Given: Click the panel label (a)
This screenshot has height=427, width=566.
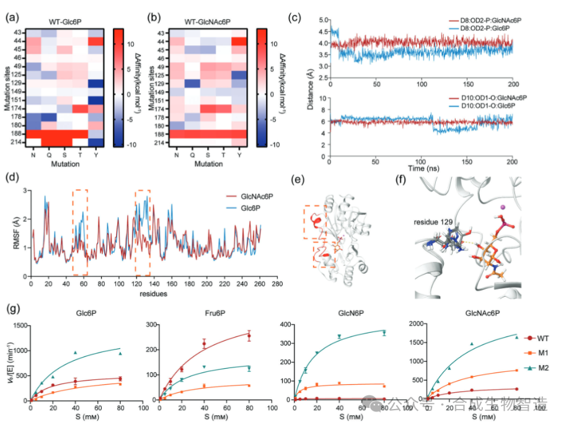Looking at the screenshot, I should [11, 17].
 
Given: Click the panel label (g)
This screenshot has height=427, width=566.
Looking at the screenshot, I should [11, 307].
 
